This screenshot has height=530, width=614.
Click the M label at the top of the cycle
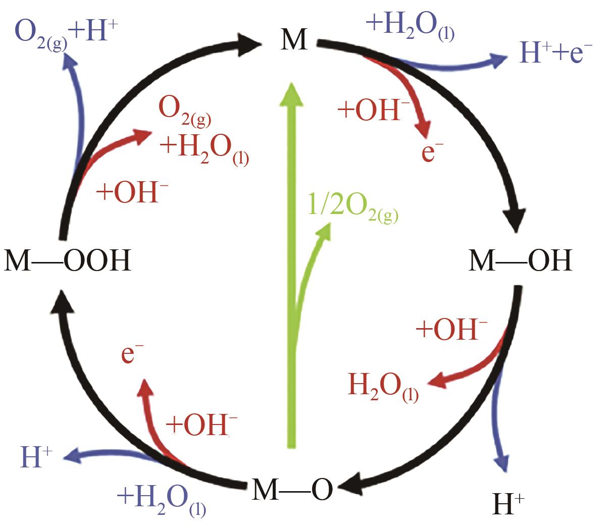[x=294, y=39]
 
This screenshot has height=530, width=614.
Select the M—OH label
[x=520, y=261]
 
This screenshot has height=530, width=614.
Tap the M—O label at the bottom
[x=292, y=489]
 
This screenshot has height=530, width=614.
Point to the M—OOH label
[x=67, y=261]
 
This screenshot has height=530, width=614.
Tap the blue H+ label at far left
[x=36, y=457]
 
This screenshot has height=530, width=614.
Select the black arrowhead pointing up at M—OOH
[x=62, y=302]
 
